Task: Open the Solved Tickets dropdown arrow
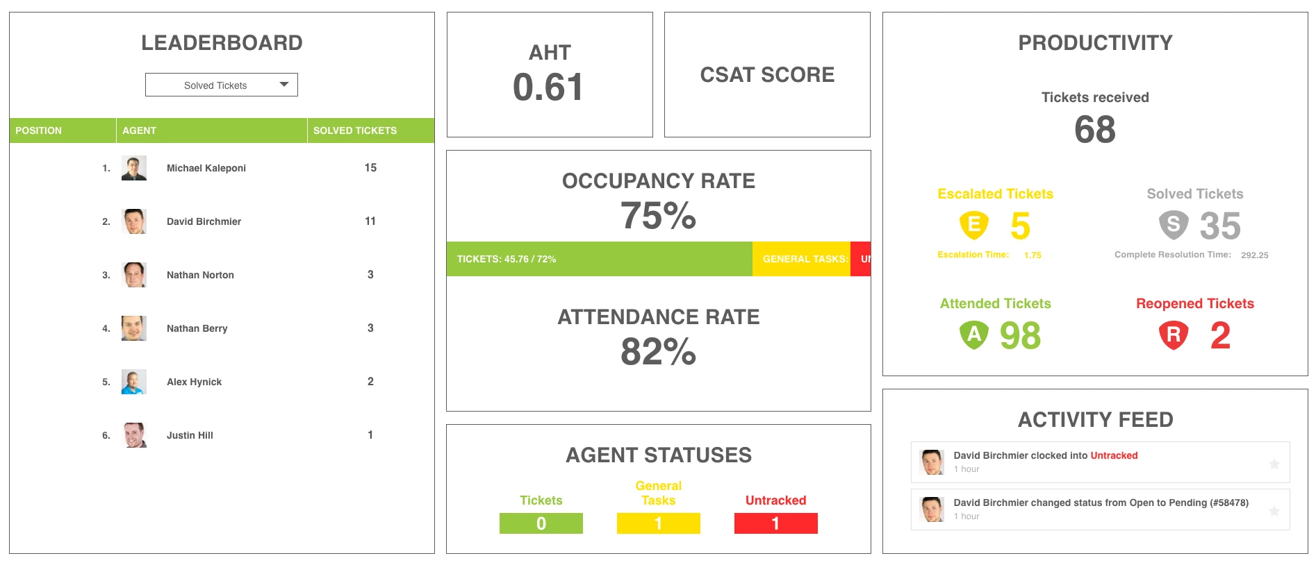[283, 85]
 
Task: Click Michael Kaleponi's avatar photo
[134, 168]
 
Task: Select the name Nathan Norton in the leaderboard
[200, 275]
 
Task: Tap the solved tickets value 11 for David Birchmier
[370, 221]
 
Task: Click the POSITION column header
[39, 130]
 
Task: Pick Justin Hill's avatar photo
[134, 435]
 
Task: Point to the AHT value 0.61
[548, 87]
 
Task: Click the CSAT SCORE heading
[767, 75]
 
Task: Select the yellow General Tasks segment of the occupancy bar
[800, 259]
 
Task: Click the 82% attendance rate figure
[658, 351]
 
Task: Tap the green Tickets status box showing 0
[541, 523]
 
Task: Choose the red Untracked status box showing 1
[775, 523]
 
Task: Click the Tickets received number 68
[1094, 130]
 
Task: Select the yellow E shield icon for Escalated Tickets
[973, 225]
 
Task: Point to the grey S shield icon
[1173, 225]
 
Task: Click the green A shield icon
[973, 335]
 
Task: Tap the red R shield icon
[1173, 335]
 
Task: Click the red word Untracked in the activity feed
[1114, 455]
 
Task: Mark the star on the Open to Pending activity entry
[1274, 511]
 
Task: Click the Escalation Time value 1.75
[1033, 255]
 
